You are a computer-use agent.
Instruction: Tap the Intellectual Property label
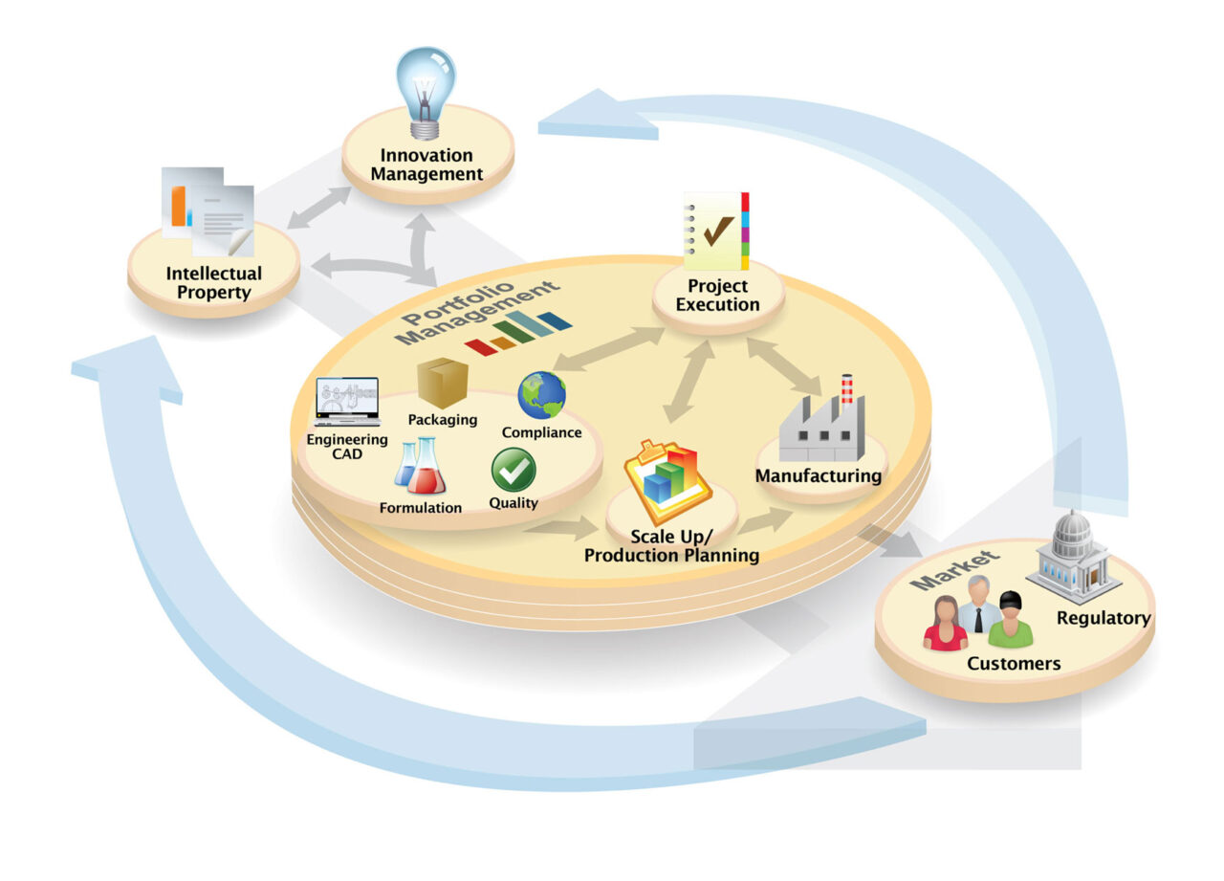(x=213, y=282)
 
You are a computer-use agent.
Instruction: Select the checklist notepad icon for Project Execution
(x=716, y=231)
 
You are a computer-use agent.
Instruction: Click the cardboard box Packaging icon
(x=442, y=383)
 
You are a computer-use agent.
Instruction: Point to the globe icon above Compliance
(x=541, y=395)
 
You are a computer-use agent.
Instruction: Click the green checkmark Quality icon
(x=514, y=470)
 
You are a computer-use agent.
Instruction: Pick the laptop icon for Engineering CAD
(x=347, y=402)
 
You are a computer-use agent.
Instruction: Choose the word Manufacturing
(x=819, y=475)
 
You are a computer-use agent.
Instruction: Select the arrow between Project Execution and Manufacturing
(x=784, y=364)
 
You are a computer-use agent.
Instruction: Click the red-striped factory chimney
(x=846, y=390)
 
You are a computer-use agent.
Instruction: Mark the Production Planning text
(x=671, y=555)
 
